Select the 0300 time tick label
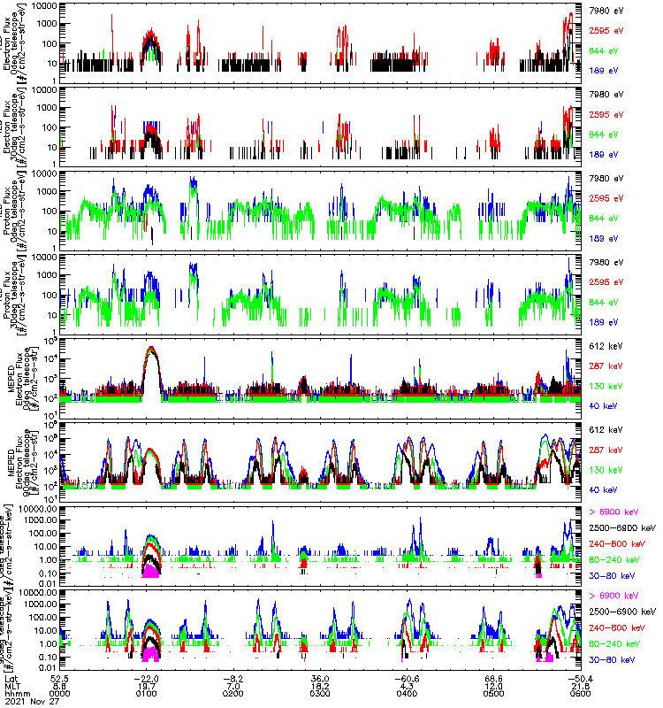pos(320,693)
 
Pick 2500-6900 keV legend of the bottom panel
pos(623,611)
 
